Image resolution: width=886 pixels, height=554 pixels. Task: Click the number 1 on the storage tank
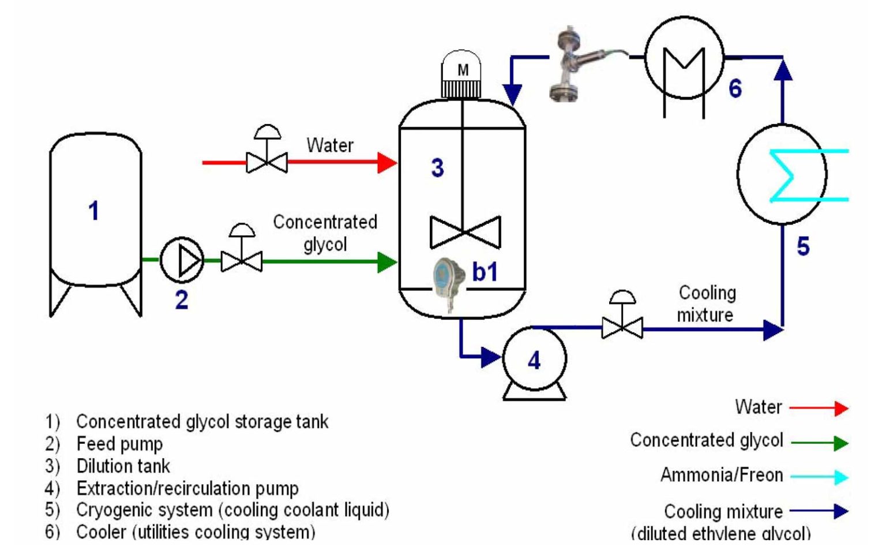click(x=93, y=211)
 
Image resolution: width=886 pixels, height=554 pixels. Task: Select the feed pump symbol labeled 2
click(x=182, y=260)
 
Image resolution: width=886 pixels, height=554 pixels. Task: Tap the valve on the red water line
click(x=267, y=162)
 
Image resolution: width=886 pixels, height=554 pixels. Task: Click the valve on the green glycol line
click(x=242, y=261)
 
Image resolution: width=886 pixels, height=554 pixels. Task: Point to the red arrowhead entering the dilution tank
click(x=387, y=162)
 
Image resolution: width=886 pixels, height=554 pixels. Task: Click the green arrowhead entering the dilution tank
click(x=386, y=261)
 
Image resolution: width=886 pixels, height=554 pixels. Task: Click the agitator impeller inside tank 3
click(x=465, y=232)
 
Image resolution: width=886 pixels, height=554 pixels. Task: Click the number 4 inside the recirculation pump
click(x=534, y=361)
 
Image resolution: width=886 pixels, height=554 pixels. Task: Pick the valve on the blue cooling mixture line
click(x=622, y=328)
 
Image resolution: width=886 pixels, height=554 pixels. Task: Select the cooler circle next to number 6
click(x=684, y=58)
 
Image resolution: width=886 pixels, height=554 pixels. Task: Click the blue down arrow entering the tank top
click(x=512, y=92)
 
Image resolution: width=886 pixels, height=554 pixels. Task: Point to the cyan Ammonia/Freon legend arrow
click(x=819, y=477)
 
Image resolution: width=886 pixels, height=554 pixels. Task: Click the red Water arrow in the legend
click(x=819, y=409)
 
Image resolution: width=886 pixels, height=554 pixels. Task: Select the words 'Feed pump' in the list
click(x=119, y=444)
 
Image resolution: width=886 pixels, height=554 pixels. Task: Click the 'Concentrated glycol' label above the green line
click(x=325, y=232)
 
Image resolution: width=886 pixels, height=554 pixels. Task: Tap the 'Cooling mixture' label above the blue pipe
click(x=706, y=304)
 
